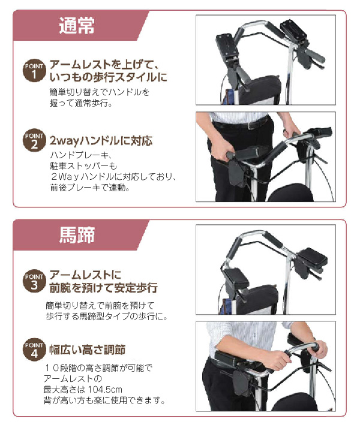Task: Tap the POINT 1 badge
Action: pyautogui.click(x=35, y=70)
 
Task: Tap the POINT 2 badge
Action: pyautogui.click(x=35, y=141)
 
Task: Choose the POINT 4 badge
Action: pyautogui.click(x=35, y=349)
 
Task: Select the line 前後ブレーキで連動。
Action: pyautogui.click(x=90, y=188)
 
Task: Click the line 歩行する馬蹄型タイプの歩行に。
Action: pyautogui.click(x=106, y=316)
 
